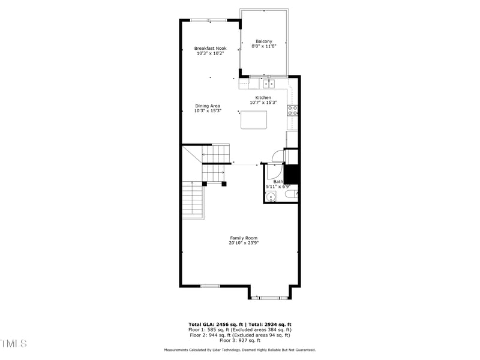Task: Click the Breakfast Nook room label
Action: [x=209, y=48]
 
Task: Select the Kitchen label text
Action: [x=263, y=98]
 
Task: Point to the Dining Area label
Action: [x=208, y=106]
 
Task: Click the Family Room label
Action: [x=244, y=238]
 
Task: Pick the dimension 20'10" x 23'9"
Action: [x=244, y=244]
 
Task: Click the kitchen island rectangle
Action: [x=254, y=120]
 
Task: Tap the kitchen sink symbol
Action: [x=266, y=84]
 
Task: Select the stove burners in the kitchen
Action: [x=293, y=110]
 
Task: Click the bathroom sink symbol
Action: [x=271, y=196]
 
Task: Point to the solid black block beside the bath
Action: [x=292, y=174]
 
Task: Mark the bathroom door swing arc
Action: [x=277, y=156]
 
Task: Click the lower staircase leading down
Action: [x=193, y=200]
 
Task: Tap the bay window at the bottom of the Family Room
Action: [x=269, y=297]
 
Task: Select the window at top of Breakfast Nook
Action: [x=209, y=21]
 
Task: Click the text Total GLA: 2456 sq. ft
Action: [x=215, y=324]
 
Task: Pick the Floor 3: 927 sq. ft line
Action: [x=240, y=340]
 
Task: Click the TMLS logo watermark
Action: [x=13, y=343]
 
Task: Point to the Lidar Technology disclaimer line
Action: [x=240, y=350]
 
